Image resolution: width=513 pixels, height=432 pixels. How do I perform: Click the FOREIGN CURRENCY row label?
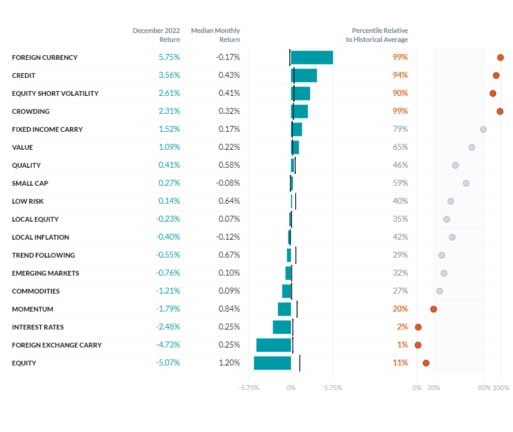[44, 58]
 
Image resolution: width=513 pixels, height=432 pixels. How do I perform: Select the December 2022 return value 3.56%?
[169, 75]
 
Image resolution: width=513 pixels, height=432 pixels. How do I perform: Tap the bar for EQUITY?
[272, 363]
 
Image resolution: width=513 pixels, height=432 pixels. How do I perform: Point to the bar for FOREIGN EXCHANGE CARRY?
[274, 345]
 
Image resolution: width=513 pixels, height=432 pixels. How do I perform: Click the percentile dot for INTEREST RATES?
[418, 327]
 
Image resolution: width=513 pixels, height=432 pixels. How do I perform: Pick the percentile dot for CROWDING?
[500, 111]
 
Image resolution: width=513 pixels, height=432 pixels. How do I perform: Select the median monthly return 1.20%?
[228, 363]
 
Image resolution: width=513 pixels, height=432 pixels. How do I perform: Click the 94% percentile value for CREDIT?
[400, 75]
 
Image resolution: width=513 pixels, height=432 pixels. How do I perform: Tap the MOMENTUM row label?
[32, 309]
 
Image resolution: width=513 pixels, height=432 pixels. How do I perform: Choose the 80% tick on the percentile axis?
[484, 388]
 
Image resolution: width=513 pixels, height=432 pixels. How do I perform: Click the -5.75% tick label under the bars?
[249, 388]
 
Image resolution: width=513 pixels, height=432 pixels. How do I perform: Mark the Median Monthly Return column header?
[215, 35]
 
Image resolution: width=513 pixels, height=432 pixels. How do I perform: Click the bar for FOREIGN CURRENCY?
[311, 58]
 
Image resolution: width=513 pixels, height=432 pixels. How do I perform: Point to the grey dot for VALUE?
[472, 147]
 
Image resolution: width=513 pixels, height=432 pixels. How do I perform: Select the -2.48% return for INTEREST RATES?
[168, 327]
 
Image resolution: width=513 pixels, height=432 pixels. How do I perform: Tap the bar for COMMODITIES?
[287, 291]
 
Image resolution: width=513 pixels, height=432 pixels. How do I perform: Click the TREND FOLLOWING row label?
[43, 255]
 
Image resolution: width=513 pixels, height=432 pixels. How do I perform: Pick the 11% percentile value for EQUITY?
[400, 363]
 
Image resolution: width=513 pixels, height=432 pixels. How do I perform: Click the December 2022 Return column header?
[156, 35]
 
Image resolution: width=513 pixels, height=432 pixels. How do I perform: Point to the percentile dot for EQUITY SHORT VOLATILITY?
[493, 93]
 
